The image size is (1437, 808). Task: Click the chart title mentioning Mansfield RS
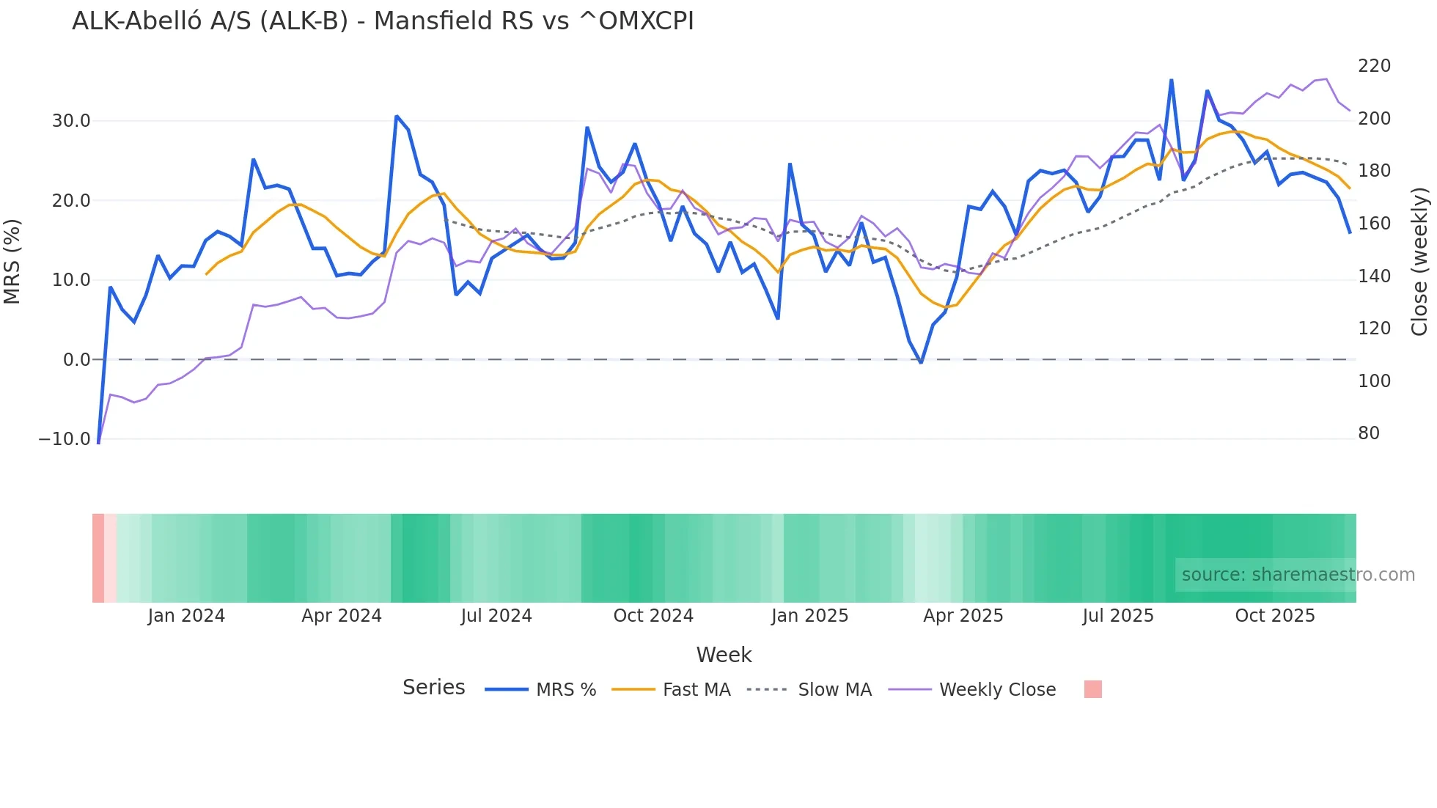(383, 21)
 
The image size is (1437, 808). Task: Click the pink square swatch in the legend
(1092, 689)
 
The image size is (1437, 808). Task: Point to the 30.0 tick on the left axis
(71, 121)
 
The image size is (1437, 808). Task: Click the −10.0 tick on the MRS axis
(65, 439)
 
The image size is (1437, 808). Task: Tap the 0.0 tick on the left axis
(76, 360)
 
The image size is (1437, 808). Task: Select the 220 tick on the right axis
(1374, 66)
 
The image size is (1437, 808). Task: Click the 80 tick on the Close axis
(1369, 433)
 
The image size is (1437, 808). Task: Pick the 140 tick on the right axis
(1374, 276)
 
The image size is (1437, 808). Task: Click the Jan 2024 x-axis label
(186, 616)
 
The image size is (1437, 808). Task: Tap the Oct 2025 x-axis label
(1275, 616)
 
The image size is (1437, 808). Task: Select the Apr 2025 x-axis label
(963, 616)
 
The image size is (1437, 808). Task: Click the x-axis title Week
(724, 655)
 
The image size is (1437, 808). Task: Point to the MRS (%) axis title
(12, 261)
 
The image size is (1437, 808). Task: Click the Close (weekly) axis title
(1420, 261)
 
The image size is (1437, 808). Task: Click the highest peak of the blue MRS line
(1171, 80)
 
